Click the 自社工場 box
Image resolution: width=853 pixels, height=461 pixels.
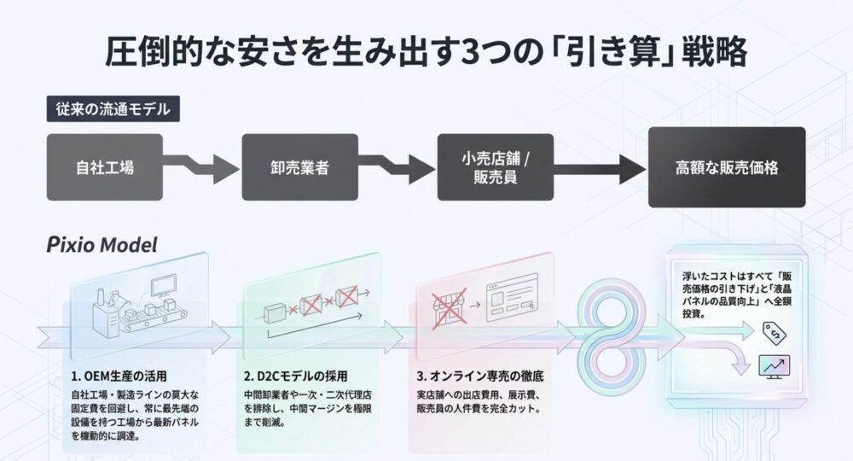point(103,166)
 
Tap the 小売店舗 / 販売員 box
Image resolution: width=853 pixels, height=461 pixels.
point(495,166)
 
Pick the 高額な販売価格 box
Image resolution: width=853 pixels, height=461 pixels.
point(726,167)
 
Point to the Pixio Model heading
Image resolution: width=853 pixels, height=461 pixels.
point(102,245)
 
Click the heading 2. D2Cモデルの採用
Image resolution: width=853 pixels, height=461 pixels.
point(296,376)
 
